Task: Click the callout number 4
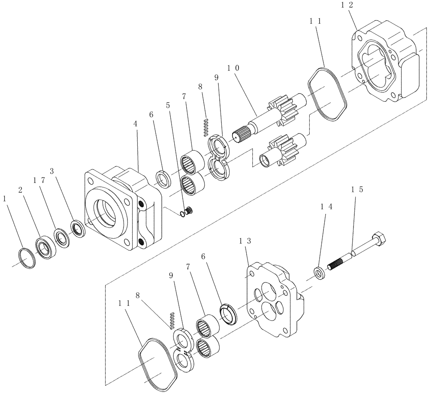tap(136, 123)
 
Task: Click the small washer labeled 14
tap(320, 273)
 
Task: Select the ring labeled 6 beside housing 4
tap(163, 178)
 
